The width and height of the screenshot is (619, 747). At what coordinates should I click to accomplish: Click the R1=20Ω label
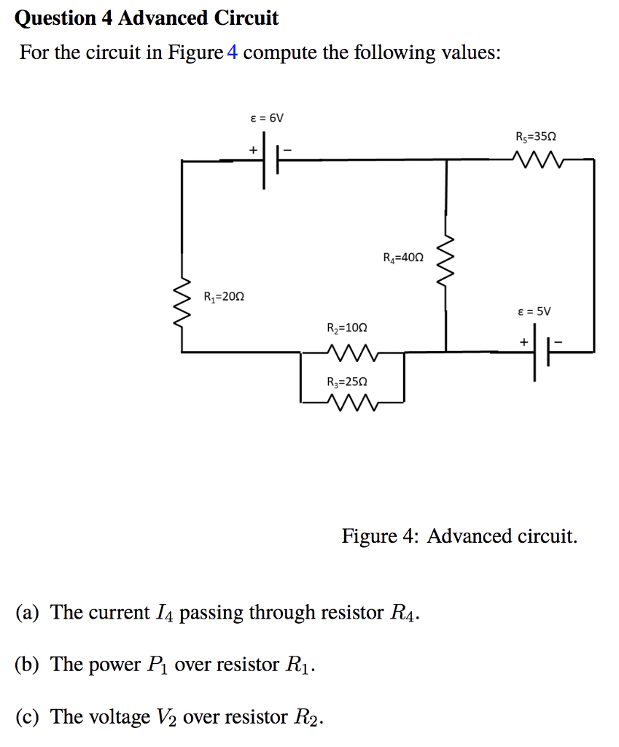pos(225,297)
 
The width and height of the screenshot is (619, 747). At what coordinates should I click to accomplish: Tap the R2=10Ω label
pos(348,329)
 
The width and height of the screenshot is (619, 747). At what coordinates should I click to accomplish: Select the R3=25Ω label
pos(348,382)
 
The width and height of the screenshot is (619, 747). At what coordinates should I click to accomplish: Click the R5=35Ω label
pos(535,136)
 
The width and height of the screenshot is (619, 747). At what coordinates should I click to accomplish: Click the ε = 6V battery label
pos(266,117)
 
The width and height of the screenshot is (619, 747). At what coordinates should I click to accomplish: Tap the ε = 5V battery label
pos(534,311)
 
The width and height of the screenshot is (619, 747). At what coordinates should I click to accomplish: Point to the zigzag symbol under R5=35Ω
pos(535,158)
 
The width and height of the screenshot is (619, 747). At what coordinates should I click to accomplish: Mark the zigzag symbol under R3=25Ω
pos(353,402)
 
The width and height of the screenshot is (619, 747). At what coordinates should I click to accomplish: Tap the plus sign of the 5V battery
pos(523,340)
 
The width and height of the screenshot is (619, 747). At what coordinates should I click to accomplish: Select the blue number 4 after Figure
pos(233,53)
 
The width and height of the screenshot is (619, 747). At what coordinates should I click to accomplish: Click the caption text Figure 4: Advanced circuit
pos(459,537)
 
